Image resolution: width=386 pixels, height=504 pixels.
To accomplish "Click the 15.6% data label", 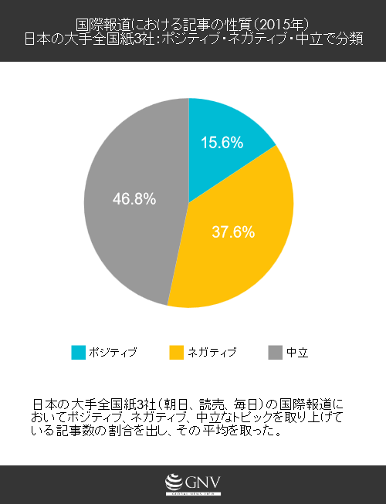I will pos(222,142).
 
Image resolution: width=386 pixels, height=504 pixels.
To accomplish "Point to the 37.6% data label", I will pos(233,232).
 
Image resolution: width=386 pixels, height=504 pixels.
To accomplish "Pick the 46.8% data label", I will pos(134,198).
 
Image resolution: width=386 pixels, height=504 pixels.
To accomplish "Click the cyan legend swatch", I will pos(79,353).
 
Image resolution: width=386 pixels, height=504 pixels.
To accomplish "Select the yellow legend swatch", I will pos(176,353).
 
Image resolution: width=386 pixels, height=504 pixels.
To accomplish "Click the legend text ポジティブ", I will pos(113,353).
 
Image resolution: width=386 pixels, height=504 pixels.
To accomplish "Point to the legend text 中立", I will pos(297,353).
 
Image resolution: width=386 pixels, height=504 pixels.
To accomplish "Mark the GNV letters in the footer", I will pos(203,481).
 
